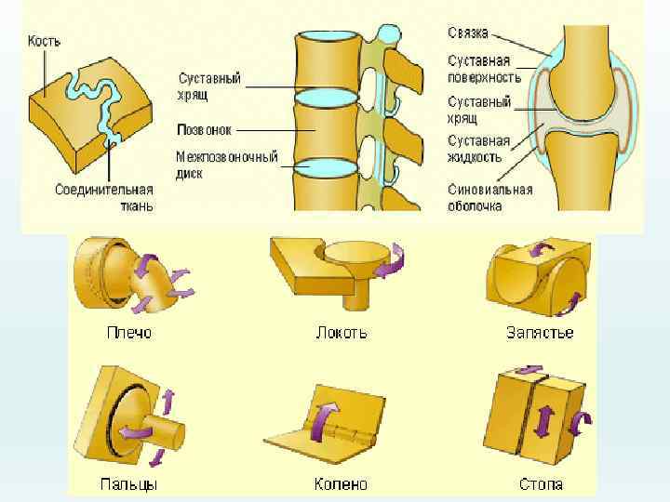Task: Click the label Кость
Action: [44, 41]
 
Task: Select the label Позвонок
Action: [205, 129]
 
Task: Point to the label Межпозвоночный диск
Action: [226, 165]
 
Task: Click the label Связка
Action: [468, 33]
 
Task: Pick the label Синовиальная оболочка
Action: [489, 197]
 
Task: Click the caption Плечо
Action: [126, 332]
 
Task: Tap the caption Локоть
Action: [342, 332]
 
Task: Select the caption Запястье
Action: [540, 332]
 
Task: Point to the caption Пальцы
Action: [127, 483]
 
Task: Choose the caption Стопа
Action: [541, 483]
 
